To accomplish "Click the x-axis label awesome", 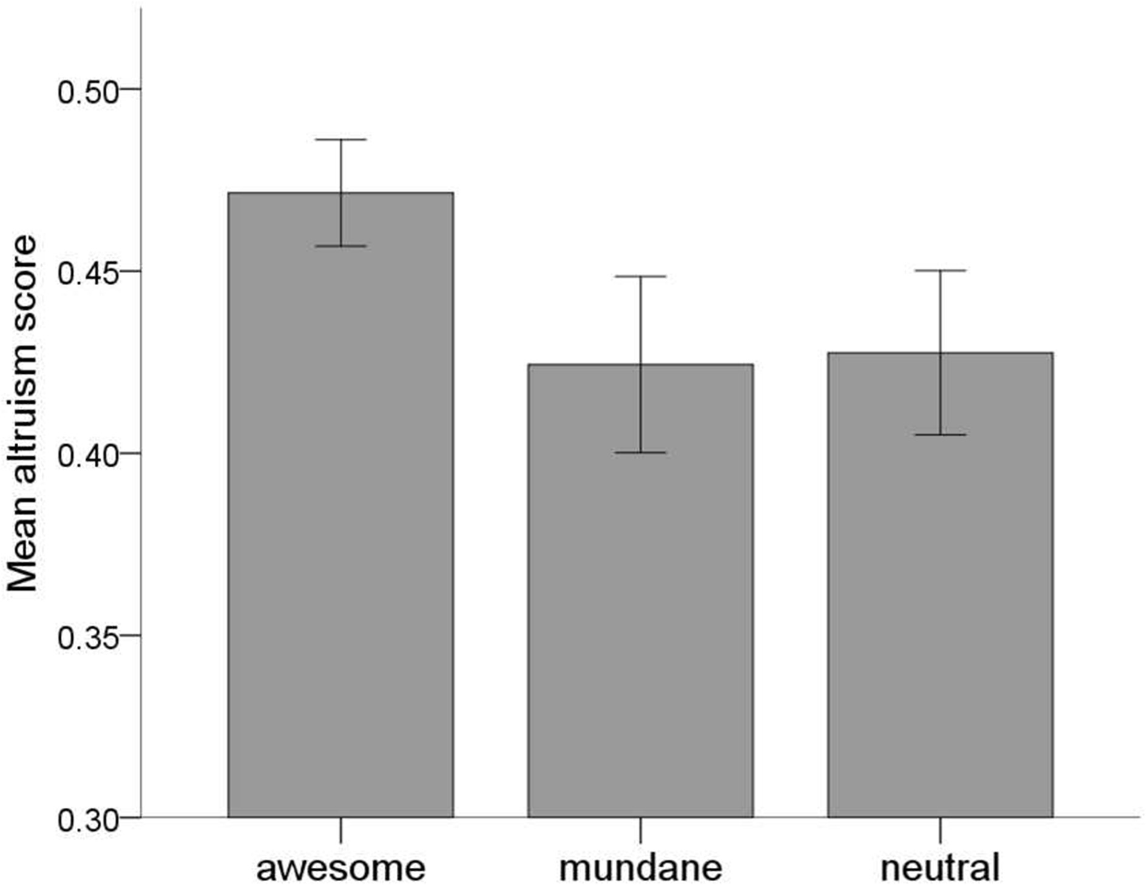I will (x=340, y=868).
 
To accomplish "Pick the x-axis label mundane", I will (x=640, y=868).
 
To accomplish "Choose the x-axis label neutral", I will (x=939, y=868).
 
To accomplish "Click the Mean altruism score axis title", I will (x=22, y=414).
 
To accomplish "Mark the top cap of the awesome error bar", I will (x=340, y=140).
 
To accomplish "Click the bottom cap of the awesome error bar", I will (x=340, y=246).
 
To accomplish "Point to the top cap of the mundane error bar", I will (x=640, y=277).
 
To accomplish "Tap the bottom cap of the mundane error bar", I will (x=640, y=453).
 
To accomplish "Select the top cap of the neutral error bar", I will (x=940, y=271).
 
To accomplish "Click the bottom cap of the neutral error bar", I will (x=940, y=435).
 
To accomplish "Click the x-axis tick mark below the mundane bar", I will (x=640, y=830).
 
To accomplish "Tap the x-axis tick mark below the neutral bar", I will (x=940, y=830).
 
